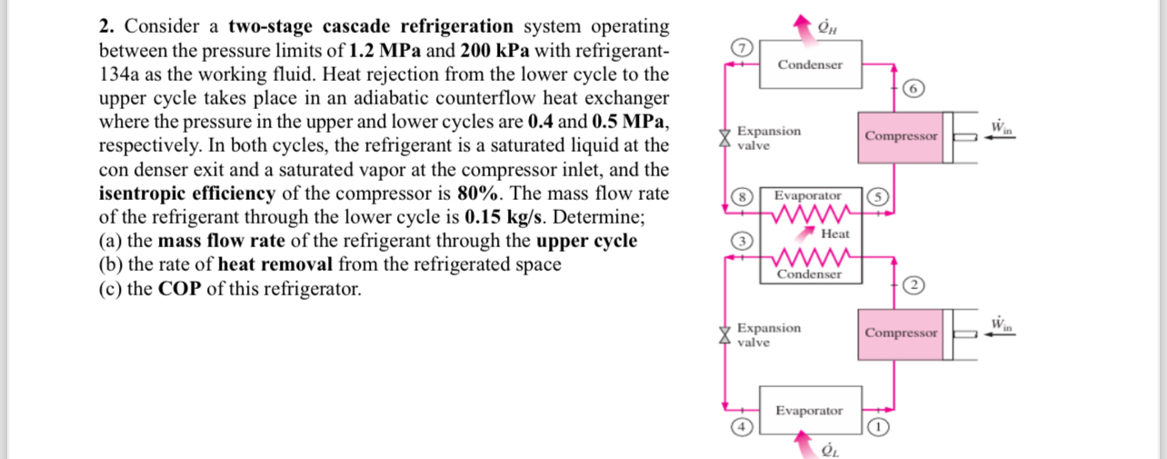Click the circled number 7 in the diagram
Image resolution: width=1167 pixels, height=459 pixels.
[743, 47]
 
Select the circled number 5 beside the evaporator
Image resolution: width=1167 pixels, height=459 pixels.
[877, 195]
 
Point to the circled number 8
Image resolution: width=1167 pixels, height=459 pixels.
[743, 195]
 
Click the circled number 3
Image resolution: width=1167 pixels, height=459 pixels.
[743, 242]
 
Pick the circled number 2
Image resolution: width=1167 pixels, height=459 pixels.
[914, 284]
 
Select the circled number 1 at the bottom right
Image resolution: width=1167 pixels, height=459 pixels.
[879, 426]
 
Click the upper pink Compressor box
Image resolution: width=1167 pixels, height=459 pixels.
[901, 136]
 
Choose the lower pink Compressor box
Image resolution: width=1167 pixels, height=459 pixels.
[901, 333]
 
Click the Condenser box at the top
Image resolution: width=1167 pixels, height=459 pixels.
[810, 65]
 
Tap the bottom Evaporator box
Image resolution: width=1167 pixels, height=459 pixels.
[809, 411]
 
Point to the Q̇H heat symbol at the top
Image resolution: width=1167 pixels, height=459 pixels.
[827, 20]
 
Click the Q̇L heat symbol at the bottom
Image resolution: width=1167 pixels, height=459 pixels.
[827, 448]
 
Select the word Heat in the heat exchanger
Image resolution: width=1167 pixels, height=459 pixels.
[835, 234]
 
